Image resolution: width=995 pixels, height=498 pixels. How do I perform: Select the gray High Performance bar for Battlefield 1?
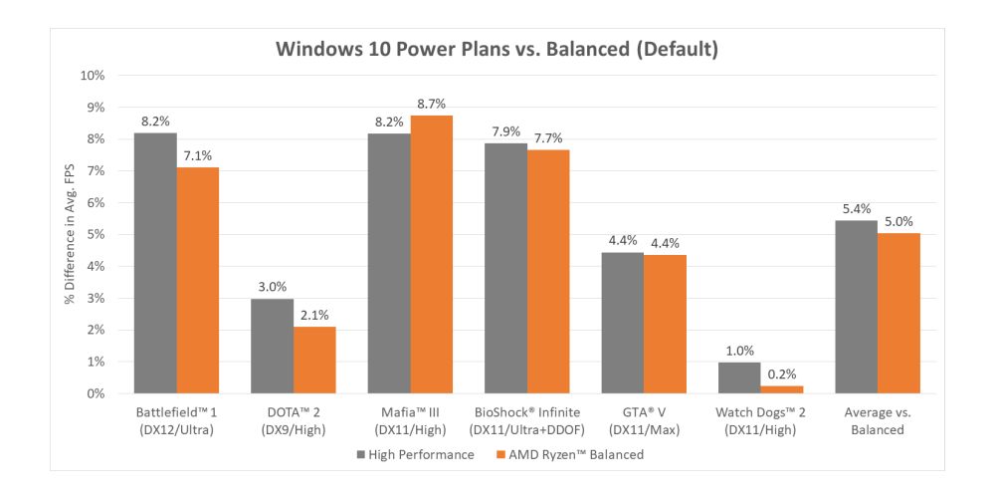click(155, 263)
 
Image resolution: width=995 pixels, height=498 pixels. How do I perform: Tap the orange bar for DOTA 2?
click(313, 360)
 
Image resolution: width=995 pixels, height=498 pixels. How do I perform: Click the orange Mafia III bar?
click(431, 254)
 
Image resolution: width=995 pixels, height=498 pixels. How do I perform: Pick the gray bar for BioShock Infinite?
click(505, 268)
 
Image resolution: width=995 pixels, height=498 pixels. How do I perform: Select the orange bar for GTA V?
click(665, 324)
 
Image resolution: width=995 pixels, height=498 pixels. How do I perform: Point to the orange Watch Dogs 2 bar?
click(781, 389)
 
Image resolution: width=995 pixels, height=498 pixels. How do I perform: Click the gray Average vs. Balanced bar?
click(856, 307)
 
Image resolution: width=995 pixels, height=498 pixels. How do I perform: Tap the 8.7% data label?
click(432, 103)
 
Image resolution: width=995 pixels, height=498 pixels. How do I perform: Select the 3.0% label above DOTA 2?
click(272, 285)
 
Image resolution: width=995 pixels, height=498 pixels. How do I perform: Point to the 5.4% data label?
click(856, 208)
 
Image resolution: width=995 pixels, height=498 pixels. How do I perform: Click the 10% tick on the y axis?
click(92, 76)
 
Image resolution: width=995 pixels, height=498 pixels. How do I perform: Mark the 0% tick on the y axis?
click(96, 394)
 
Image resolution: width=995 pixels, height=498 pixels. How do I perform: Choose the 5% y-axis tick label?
click(96, 235)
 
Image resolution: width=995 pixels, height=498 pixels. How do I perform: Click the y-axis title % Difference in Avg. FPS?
click(71, 235)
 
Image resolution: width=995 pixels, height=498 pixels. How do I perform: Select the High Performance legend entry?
click(411, 454)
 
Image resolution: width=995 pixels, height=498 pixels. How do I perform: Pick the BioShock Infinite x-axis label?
click(526, 421)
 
